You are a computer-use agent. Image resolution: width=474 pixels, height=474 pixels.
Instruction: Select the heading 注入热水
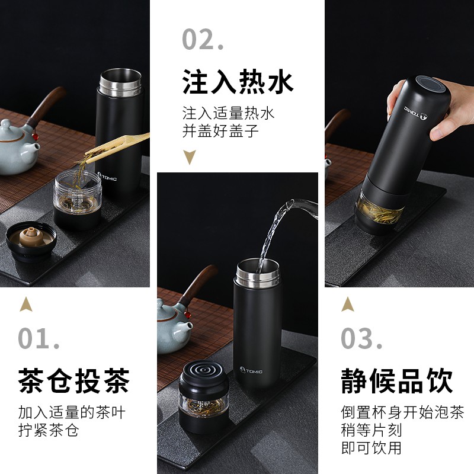coord(238,82)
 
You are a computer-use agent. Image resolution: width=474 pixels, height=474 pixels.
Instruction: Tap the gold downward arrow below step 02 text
coord(190,157)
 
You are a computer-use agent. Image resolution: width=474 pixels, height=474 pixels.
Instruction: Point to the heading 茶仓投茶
coord(73,380)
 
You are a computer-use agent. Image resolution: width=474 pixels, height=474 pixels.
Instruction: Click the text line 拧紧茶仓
coord(48,430)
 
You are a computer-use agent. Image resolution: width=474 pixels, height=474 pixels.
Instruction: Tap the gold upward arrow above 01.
coord(25,304)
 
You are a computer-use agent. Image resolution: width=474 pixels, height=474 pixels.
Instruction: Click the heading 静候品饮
coord(397,380)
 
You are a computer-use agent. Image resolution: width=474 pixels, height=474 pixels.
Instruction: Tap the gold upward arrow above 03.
coord(348,304)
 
